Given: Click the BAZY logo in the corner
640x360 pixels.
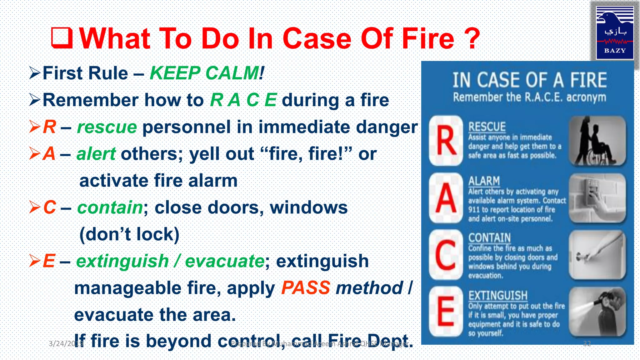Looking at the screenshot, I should click(615, 32).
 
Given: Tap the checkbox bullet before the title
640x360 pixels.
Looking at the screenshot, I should click(62, 38).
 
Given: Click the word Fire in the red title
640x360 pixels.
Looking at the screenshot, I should click(428, 39).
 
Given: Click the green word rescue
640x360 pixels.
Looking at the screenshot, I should click(107, 127).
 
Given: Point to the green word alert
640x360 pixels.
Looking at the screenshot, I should click(96, 154).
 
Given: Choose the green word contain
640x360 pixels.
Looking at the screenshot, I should click(110, 207).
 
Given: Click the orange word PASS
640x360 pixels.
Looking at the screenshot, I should click(306, 288).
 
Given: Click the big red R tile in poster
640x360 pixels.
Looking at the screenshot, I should click(446, 141).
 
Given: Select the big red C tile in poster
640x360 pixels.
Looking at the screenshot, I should click(446, 255).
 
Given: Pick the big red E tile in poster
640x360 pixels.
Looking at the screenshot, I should click(446, 311).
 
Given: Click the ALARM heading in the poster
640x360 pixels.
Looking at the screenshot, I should click(484, 181).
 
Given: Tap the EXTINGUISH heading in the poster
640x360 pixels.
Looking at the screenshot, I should click(497, 295).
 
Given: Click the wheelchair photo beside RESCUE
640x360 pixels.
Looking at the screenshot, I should click(597, 141).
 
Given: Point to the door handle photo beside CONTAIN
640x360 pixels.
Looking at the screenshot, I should click(597, 255).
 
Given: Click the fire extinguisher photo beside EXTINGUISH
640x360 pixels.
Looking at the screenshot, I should click(597, 311).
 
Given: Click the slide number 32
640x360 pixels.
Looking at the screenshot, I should click(587, 344).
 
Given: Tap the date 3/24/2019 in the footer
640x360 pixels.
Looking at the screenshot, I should click(66, 344).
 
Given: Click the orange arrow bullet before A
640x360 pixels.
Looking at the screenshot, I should click(34, 153).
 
